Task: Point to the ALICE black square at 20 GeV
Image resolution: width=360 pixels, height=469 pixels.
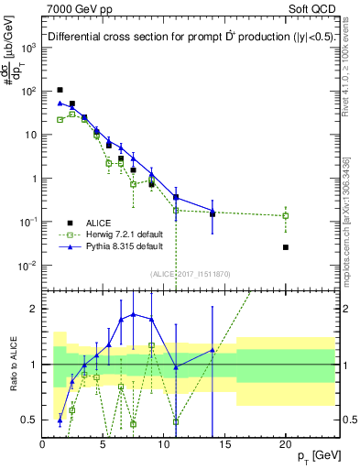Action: point(286,247)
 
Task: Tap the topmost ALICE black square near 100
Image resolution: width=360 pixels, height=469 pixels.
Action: point(60,90)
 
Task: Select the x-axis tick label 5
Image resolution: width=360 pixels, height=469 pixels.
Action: point(104,444)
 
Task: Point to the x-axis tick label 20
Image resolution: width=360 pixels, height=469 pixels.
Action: point(286,444)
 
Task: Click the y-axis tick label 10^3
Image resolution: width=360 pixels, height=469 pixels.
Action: point(28,48)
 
